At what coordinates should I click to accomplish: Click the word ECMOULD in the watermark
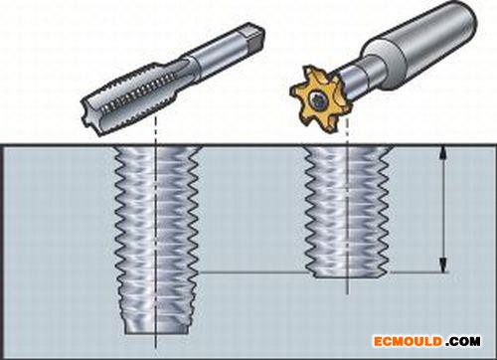(x=409, y=341)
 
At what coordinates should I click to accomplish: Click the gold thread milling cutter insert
(x=316, y=99)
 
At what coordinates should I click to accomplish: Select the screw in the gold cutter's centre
(x=317, y=99)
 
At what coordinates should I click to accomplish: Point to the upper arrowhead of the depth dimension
(x=443, y=153)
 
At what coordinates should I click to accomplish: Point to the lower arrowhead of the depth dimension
(x=443, y=266)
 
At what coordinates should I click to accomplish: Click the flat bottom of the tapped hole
(x=156, y=333)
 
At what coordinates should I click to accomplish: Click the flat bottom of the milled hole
(x=350, y=275)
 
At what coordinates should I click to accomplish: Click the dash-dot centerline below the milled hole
(x=347, y=285)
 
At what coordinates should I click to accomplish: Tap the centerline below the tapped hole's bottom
(x=155, y=341)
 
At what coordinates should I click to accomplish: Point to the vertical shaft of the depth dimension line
(x=443, y=210)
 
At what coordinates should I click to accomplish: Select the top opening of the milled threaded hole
(x=349, y=147)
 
